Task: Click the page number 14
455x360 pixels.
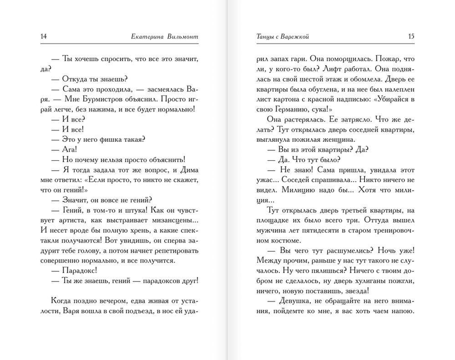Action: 44,36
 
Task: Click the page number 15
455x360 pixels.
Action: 411,36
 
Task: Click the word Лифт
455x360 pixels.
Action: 324,69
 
